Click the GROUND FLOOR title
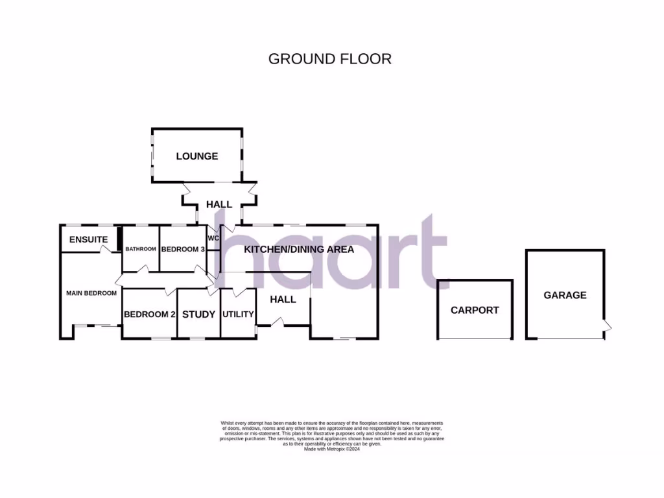click(x=330, y=59)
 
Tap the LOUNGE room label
click(x=197, y=156)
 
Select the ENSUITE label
click(x=89, y=239)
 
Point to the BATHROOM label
click(x=141, y=249)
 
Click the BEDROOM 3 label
click(x=183, y=249)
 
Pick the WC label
click(x=214, y=239)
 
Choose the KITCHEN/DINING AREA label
click(x=299, y=249)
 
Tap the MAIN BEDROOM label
click(x=91, y=293)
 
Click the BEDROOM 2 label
click(x=150, y=314)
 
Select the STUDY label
click(x=198, y=314)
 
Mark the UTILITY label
click(x=238, y=314)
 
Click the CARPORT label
click(x=475, y=310)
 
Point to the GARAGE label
click(x=565, y=295)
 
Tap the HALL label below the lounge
click(x=219, y=204)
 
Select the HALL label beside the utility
click(x=283, y=299)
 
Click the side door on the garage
click(x=608, y=327)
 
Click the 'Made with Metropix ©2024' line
click(x=331, y=449)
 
